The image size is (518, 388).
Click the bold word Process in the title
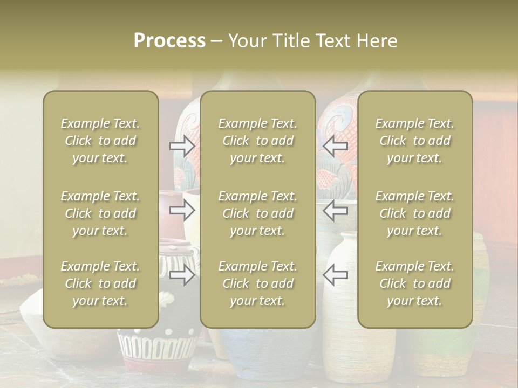pyautogui.click(x=169, y=41)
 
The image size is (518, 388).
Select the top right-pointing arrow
pyautogui.click(x=182, y=145)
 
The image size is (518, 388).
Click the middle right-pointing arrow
pyautogui.click(x=182, y=210)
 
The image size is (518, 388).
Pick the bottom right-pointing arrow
pyautogui.click(x=182, y=275)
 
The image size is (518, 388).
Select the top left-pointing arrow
pyautogui.click(x=335, y=145)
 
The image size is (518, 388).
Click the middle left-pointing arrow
pyautogui.click(x=335, y=210)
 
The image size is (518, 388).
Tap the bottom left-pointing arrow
pyautogui.click(x=335, y=275)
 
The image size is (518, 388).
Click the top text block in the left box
pyautogui.click(x=100, y=141)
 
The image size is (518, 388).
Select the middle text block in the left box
pyautogui.click(x=100, y=213)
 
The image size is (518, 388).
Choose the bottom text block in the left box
pyautogui.click(x=100, y=283)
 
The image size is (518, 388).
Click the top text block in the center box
pyautogui.click(x=258, y=141)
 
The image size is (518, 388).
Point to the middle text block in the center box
pyautogui.click(x=258, y=213)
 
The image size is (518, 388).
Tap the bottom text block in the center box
pyautogui.click(x=258, y=283)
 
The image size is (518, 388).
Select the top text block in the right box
pyautogui.click(x=415, y=141)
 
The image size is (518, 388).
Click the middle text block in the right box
pyautogui.click(x=415, y=213)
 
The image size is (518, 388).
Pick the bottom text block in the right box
pyautogui.click(x=415, y=283)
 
